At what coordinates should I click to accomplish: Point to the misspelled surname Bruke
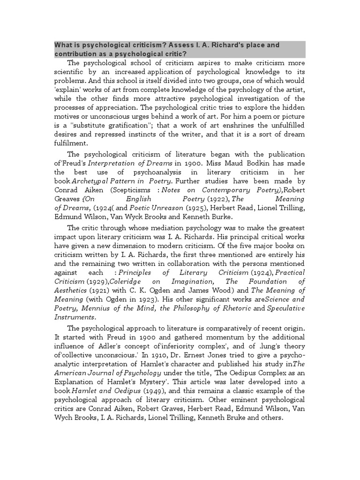pos(230,418)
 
